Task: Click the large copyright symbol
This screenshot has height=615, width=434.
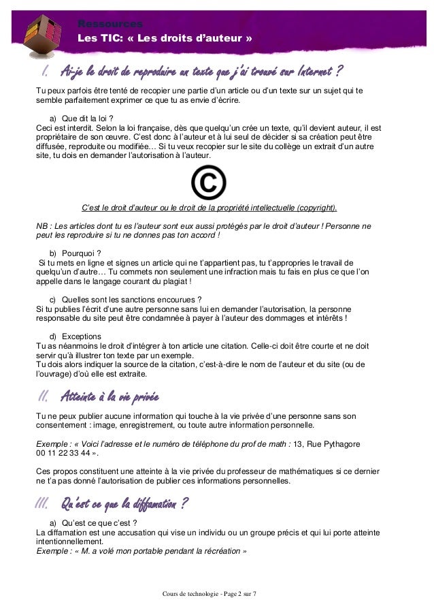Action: click(208, 183)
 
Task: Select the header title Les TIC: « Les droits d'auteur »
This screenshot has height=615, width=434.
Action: click(165, 38)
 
